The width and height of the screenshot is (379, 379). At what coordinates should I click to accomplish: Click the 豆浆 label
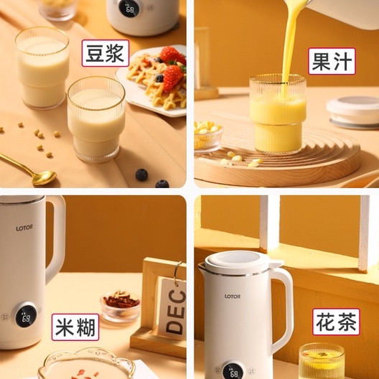pos(105,52)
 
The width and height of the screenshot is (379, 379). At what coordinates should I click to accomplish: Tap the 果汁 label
pos(332,61)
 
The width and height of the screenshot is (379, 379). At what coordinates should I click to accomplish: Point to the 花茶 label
pos(336,321)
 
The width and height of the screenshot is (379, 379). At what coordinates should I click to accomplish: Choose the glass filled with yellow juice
pos(278,114)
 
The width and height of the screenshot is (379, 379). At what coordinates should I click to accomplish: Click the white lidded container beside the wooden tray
pos(353,113)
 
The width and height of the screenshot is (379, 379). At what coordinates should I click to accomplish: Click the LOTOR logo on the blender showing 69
pos(24,228)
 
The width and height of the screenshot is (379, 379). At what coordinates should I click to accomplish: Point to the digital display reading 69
pos(25,315)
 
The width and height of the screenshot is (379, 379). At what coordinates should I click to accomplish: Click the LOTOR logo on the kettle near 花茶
pos(233,296)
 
